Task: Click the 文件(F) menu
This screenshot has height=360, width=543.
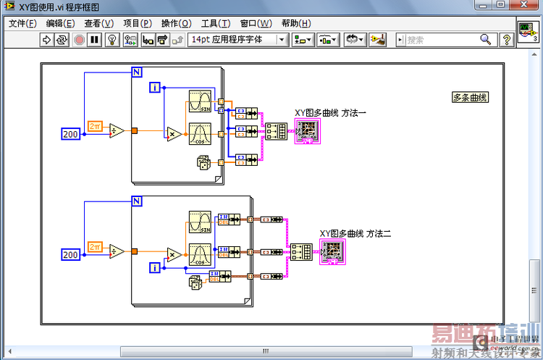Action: (x=22, y=23)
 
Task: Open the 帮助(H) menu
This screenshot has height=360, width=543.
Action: (x=295, y=23)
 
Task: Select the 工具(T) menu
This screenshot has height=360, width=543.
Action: (x=216, y=23)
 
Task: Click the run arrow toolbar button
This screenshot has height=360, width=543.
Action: (x=47, y=40)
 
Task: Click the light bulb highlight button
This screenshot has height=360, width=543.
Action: (x=112, y=40)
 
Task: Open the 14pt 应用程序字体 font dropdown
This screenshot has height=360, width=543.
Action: (x=238, y=40)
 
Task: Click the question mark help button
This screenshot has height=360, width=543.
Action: (x=508, y=40)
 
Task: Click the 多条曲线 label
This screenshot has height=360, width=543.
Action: (x=470, y=97)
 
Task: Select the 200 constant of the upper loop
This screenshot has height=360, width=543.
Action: (x=71, y=133)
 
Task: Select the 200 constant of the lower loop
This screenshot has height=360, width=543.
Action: (x=71, y=254)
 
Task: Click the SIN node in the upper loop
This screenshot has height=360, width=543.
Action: (x=199, y=102)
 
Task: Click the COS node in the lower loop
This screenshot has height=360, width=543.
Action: (x=199, y=255)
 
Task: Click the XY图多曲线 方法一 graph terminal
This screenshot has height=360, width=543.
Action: (x=307, y=131)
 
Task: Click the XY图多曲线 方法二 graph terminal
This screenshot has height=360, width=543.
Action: (x=333, y=251)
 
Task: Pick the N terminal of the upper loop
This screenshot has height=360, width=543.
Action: (x=137, y=71)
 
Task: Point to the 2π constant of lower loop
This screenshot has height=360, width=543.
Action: (x=94, y=246)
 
